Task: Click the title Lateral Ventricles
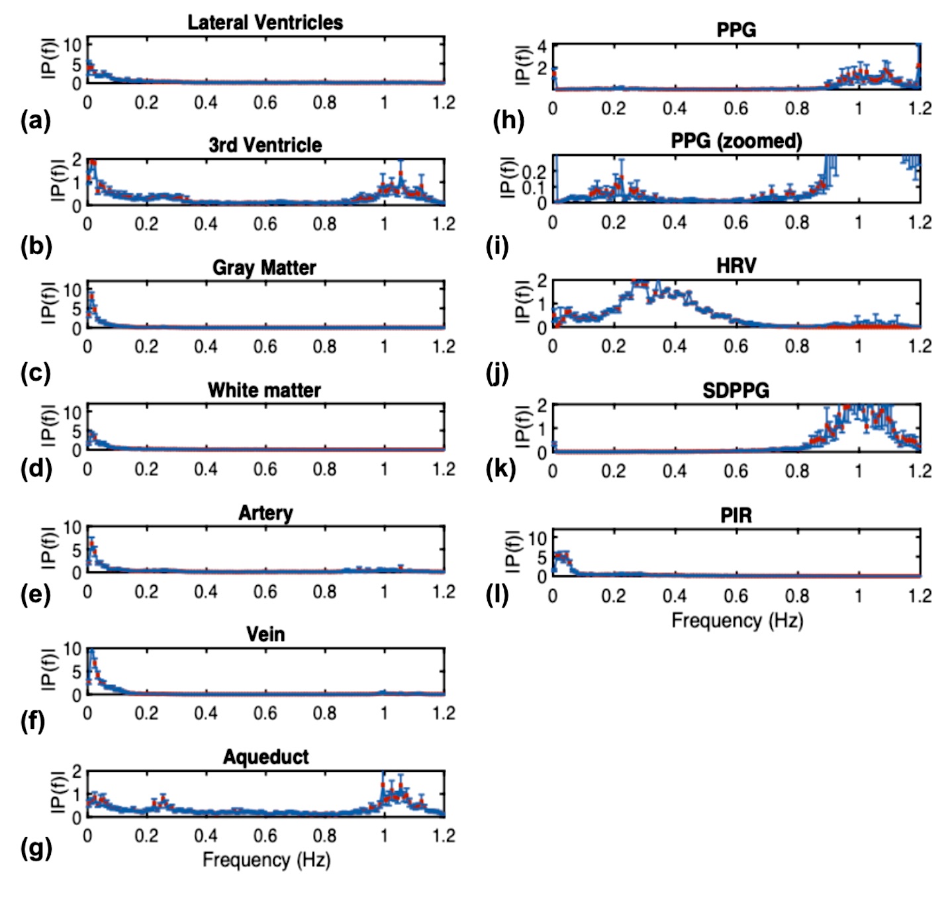pyautogui.click(x=265, y=23)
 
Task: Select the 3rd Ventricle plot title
pyautogui.click(x=265, y=145)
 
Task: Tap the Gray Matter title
pyautogui.click(x=264, y=267)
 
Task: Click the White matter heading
pyautogui.click(x=264, y=390)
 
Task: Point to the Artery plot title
pyautogui.click(x=265, y=513)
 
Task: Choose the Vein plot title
pyautogui.click(x=265, y=634)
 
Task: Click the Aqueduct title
pyautogui.click(x=265, y=757)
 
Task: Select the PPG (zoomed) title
pyautogui.click(x=736, y=141)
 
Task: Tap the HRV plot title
pyautogui.click(x=736, y=265)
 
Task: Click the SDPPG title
pyautogui.click(x=736, y=391)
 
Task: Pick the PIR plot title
pyautogui.click(x=736, y=515)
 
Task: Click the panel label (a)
pyautogui.click(x=36, y=120)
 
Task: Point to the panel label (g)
pyautogui.click(x=36, y=848)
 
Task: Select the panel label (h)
pyautogui.click(x=508, y=120)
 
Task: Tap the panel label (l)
pyautogui.click(x=497, y=595)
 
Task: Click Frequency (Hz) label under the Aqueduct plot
pyautogui.click(x=266, y=860)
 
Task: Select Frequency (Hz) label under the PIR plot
pyautogui.click(x=737, y=621)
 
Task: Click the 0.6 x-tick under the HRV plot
pyautogui.click(x=735, y=346)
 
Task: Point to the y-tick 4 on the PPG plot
pyautogui.click(x=542, y=46)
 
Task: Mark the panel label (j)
pyautogui.click(x=497, y=373)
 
